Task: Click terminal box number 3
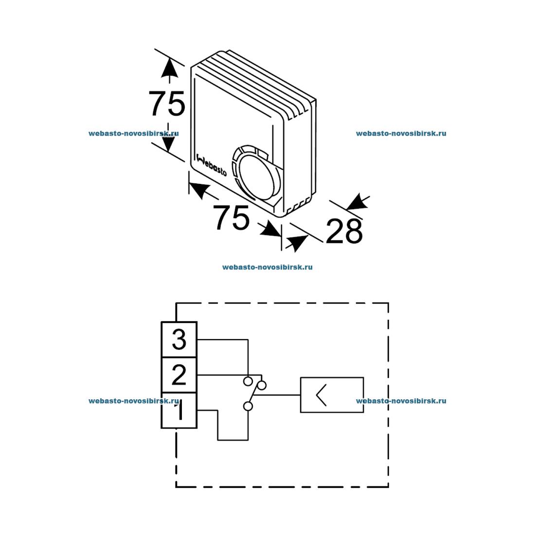pyautogui.click(x=179, y=339)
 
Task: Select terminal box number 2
pyautogui.click(x=179, y=375)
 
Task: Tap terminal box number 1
pyautogui.click(x=179, y=410)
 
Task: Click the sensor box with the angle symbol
pyautogui.click(x=332, y=394)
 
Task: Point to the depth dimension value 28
pyautogui.click(x=344, y=232)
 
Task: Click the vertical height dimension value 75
pyautogui.click(x=167, y=104)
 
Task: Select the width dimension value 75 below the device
pyautogui.click(x=232, y=218)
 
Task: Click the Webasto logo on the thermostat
pyautogui.click(x=211, y=164)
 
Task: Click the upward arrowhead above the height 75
pyautogui.click(x=169, y=68)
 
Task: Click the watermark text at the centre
pyautogui.click(x=267, y=267)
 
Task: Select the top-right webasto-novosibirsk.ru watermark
pyautogui.click(x=401, y=133)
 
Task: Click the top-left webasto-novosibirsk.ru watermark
pyautogui.click(x=134, y=133)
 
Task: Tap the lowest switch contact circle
pyautogui.click(x=248, y=407)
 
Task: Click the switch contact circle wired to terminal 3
pyautogui.click(x=248, y=380)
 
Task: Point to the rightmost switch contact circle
pyautogui.click(x=262, y=386)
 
